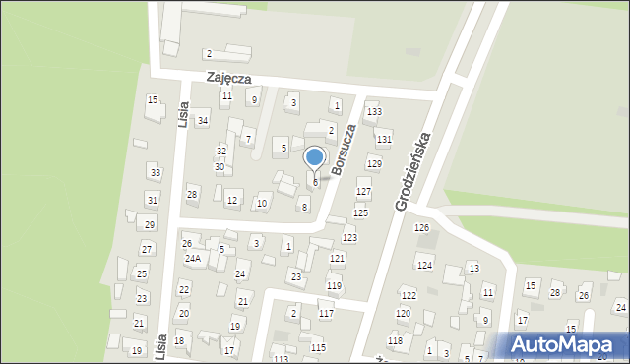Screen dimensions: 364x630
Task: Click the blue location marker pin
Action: (x=315, y=157)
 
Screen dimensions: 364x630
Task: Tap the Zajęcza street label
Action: (x=229, y=77)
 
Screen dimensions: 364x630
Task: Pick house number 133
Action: (x=374, y=112)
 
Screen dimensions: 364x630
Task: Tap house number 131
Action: (x=384, y=140)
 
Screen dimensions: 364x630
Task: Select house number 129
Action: (x=374, y=163)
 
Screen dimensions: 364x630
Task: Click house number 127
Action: (x=363, y=191)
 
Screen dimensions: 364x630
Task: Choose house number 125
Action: (x=360, y=212)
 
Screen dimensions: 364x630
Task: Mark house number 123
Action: (x=349, y=238)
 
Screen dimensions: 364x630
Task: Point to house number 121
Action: (x=338, y=258)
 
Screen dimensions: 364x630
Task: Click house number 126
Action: (x=422, y=228)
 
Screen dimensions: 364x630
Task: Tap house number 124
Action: (x=424, y=266)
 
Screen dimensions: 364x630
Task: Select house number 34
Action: (x=203, y=121)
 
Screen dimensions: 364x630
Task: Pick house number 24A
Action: (x=193, y=259)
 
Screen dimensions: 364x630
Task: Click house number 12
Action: (x=232, y=201)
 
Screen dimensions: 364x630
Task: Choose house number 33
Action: (x=155, y=173)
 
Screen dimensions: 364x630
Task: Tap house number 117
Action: (x=326, y=314)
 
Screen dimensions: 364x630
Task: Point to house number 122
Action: (x=409, y=295)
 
